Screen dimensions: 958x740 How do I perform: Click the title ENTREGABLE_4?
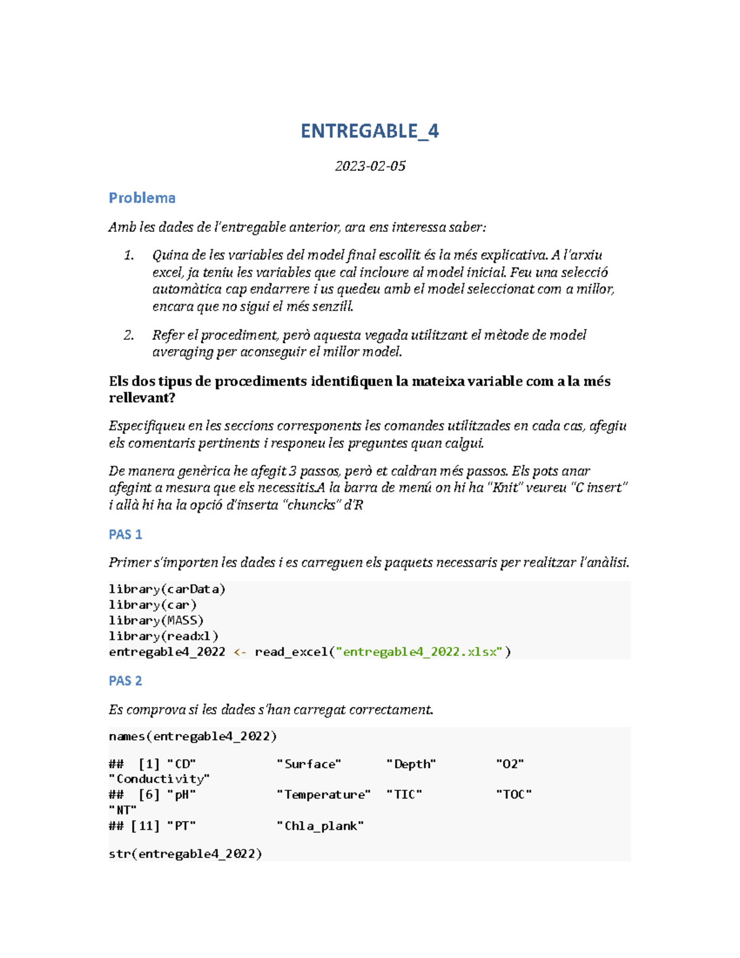[369, 131]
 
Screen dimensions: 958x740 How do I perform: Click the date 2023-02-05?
[370, 166]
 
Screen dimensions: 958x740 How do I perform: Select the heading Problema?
[142, 198]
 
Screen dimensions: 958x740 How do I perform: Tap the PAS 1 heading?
[125, 534]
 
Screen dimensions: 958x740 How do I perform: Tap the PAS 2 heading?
[125, 680]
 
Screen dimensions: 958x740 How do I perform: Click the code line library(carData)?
[167, 589]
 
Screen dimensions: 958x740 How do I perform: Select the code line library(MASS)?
[156, 620]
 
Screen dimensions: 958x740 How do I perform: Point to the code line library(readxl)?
[163, 635]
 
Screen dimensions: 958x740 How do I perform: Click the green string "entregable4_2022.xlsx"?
[419, 651]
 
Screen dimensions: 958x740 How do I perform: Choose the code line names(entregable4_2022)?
[192, 736]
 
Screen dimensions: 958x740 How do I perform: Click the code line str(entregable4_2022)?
[185, 854]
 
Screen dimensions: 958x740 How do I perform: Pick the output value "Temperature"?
[324, 795]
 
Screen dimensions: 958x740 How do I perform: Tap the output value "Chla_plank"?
[320, 825]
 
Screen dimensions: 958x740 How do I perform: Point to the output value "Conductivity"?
[159, 779]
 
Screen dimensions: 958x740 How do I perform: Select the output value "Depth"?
[411, 764]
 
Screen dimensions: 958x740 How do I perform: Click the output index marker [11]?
[146, 825]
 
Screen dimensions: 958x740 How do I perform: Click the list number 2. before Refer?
[129, 335]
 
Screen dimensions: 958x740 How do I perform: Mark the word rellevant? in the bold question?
[142, 398]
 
